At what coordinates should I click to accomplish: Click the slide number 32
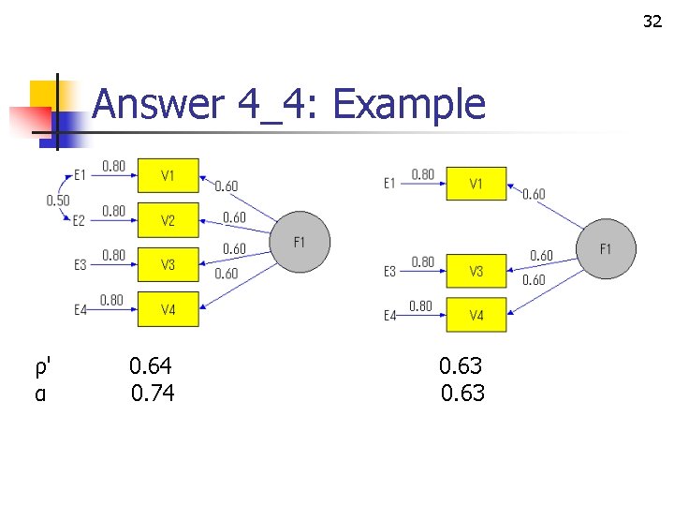(652, 22)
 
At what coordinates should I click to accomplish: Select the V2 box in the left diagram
(168, 220)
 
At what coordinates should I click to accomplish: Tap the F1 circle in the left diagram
(300, 243)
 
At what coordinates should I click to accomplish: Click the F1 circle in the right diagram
(606, 248)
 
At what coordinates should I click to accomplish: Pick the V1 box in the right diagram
(476, 184)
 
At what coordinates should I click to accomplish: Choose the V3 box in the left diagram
(168, 264)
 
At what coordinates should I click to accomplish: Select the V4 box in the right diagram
(476, 315)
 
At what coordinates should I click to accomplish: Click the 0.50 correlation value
(57, 200)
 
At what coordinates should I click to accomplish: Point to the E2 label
(81, 221)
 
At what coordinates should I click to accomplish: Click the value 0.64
(151, 365)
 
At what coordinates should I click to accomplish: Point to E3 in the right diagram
(389, 272)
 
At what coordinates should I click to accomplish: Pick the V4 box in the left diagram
(168, 308)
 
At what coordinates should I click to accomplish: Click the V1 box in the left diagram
(168, 175)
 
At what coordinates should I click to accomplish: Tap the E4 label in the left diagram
(81, 309)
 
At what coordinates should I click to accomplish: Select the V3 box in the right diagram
(476, 271)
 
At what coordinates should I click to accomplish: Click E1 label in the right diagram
(389, 184)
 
